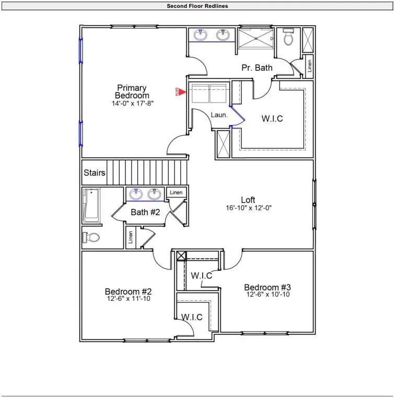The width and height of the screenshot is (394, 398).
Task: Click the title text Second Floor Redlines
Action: pyautogui.click(x=197, y=6)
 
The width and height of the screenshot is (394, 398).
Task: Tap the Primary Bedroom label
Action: pyautogui.click(x=132, y=91)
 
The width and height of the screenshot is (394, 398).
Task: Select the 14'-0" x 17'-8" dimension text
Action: pyautogui.click(x=132, y=103)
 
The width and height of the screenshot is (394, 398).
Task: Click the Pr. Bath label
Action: pyautogui.click(x=257, y=67)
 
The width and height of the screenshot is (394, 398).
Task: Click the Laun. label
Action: pyautogui.click(x=219, y=115)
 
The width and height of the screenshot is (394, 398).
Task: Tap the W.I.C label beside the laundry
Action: pyautogui.click(x=272, y=119)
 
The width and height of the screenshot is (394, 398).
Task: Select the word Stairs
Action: pyautogui.click(x=95, y=173)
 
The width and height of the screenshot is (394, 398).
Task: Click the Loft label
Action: pyautogui.click(x=248, y=200)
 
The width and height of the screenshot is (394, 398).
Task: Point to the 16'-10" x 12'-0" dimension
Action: pyautogui.click(x=248, y=208)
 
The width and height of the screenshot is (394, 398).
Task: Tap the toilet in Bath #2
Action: pyautogui.click(x=91, y=238)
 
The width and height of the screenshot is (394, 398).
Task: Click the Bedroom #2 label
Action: pyautogui.click(x=128, y=291)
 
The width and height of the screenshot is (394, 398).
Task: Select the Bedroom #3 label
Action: pyautogui.click(x=267, y=287)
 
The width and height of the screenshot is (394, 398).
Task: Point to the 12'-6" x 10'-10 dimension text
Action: pyautogui.click(x=268, y=295)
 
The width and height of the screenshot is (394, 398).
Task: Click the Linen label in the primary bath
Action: pyautogui.click(x=309, y=65)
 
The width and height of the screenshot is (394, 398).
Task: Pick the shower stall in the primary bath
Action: pyautogui.click(x=256, y=39)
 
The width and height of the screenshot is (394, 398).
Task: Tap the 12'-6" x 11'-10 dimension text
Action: pyautogui.click(x=129, y=299)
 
